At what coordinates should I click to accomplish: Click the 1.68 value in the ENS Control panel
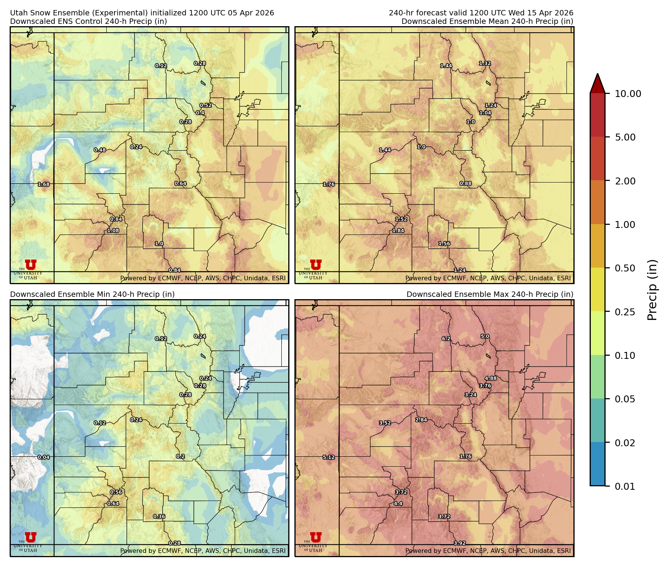coord(44,184)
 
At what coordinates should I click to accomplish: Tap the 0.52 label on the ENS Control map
coord(205,105)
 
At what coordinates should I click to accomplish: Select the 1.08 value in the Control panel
coord(113,231)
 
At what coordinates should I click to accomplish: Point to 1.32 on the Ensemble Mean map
coord(485,64)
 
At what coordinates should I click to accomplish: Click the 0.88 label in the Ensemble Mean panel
coord(466,184)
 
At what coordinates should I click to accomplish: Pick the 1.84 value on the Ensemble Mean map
coord(398,231)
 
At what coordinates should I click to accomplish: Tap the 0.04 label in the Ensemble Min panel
coord(44,457)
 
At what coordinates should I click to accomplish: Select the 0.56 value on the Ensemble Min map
coord(116,492)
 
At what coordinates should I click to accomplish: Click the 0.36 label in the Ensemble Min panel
coord(159,517)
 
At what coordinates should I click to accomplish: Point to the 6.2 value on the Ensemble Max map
coord(446,339)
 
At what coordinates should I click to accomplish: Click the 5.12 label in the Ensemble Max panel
coord(329,457)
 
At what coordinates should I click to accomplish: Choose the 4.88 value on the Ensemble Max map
coord(491,378)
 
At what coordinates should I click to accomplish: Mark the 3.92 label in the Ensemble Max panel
coord(460,543)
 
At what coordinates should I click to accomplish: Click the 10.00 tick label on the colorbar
coord(628,94)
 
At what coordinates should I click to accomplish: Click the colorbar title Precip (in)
coord(652,290)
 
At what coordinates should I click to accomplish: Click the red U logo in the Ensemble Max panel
coord(316,537)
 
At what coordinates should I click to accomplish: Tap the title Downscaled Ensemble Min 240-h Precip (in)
coord(92,294)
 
